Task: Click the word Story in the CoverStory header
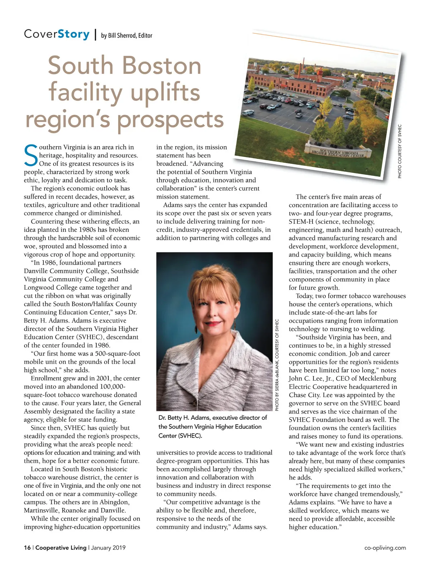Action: (73, 34)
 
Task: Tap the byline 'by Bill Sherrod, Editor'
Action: (126, 35)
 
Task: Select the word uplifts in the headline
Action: (165, 92)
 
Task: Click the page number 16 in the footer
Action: (27, 548)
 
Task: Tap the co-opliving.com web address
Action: (385, 548)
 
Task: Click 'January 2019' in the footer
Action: (108, 548)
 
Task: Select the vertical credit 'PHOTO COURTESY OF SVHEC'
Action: (400, 151)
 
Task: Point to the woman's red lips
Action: (213, 323)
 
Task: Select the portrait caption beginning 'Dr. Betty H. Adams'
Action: (213, 427)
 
